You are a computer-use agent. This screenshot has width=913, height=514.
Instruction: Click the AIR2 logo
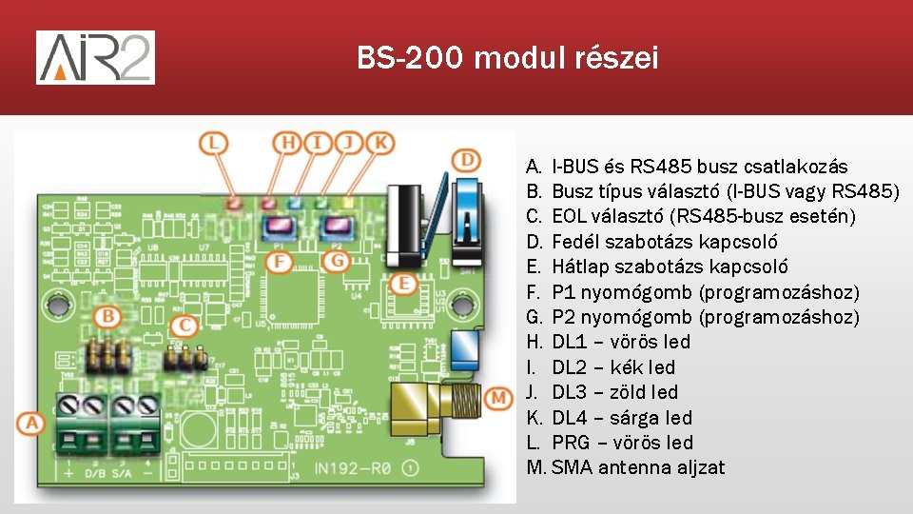pos(95,57)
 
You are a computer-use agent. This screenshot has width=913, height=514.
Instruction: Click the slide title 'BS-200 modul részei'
pos(507,59)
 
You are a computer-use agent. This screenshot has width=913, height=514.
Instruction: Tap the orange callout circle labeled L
pos(214,144)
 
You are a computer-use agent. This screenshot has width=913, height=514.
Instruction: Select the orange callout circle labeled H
pos(287,144)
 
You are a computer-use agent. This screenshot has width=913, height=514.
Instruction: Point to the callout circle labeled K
pos(380,144)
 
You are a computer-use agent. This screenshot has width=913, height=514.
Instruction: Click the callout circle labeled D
pos(466,159)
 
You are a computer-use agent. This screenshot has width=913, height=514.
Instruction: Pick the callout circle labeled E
pos(402,283)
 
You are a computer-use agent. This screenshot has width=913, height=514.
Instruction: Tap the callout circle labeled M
pos(496,397)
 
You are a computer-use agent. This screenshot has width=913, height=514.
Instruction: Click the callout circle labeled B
pos(109,315)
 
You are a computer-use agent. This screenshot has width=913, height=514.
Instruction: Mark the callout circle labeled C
pos(187,326)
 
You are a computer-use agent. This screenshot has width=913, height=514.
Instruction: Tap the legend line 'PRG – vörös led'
pos(622,443)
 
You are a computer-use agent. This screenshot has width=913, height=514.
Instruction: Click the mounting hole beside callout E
pos(465,304)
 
